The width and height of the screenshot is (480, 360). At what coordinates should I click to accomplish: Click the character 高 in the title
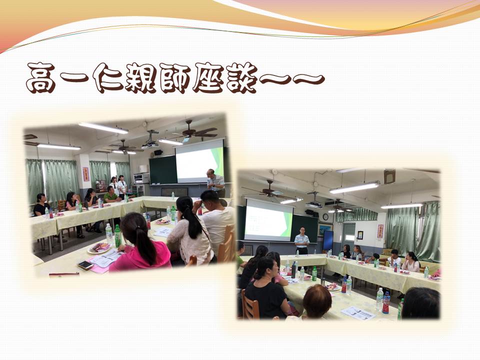point(40,78)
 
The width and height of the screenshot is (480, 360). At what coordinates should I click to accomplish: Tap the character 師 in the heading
point(174,78)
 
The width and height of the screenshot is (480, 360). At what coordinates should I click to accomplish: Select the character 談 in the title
point(241,78)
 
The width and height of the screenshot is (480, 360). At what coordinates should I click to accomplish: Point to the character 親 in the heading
point(141,78)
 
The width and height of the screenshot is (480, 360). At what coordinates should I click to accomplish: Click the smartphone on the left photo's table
point(85,265)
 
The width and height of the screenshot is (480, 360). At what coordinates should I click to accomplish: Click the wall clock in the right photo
point(325,217)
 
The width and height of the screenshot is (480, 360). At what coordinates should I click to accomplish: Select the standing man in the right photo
point(302,241)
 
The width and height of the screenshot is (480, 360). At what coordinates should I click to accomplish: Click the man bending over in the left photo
point(215,183)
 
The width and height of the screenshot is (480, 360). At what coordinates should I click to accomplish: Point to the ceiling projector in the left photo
point(151,141)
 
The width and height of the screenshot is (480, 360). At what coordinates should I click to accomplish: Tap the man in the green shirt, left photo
point(110,195)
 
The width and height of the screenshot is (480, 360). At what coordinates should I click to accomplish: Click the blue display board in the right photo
point(328,240)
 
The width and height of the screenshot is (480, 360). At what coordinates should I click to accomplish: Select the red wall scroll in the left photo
point(85,174)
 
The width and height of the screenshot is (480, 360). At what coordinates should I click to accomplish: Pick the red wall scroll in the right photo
point(380,231)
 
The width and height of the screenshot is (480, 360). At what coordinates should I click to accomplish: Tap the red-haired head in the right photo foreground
point(317,301)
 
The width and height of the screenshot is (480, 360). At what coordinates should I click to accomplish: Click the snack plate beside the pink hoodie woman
point(99,247)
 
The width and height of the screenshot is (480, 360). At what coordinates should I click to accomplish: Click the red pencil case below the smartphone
point(64,274)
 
